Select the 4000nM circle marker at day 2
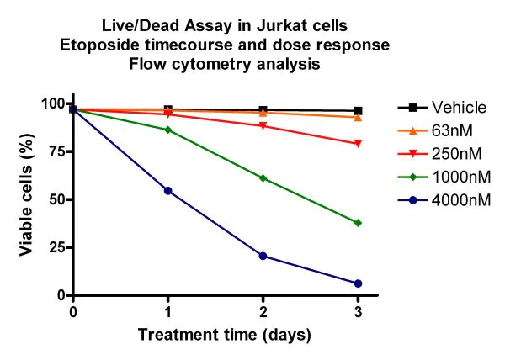pos(263,256)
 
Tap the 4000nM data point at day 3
pos(358,283)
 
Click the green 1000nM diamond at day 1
pos(168,130)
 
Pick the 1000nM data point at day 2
pos(263,178)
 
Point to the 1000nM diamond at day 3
pos(358,223)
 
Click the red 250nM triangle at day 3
pos(358,144)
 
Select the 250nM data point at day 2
pos(263,126)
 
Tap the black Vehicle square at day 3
pos(358,111)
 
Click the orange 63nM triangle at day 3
pos(358,117)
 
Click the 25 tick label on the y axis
pos(56,247)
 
